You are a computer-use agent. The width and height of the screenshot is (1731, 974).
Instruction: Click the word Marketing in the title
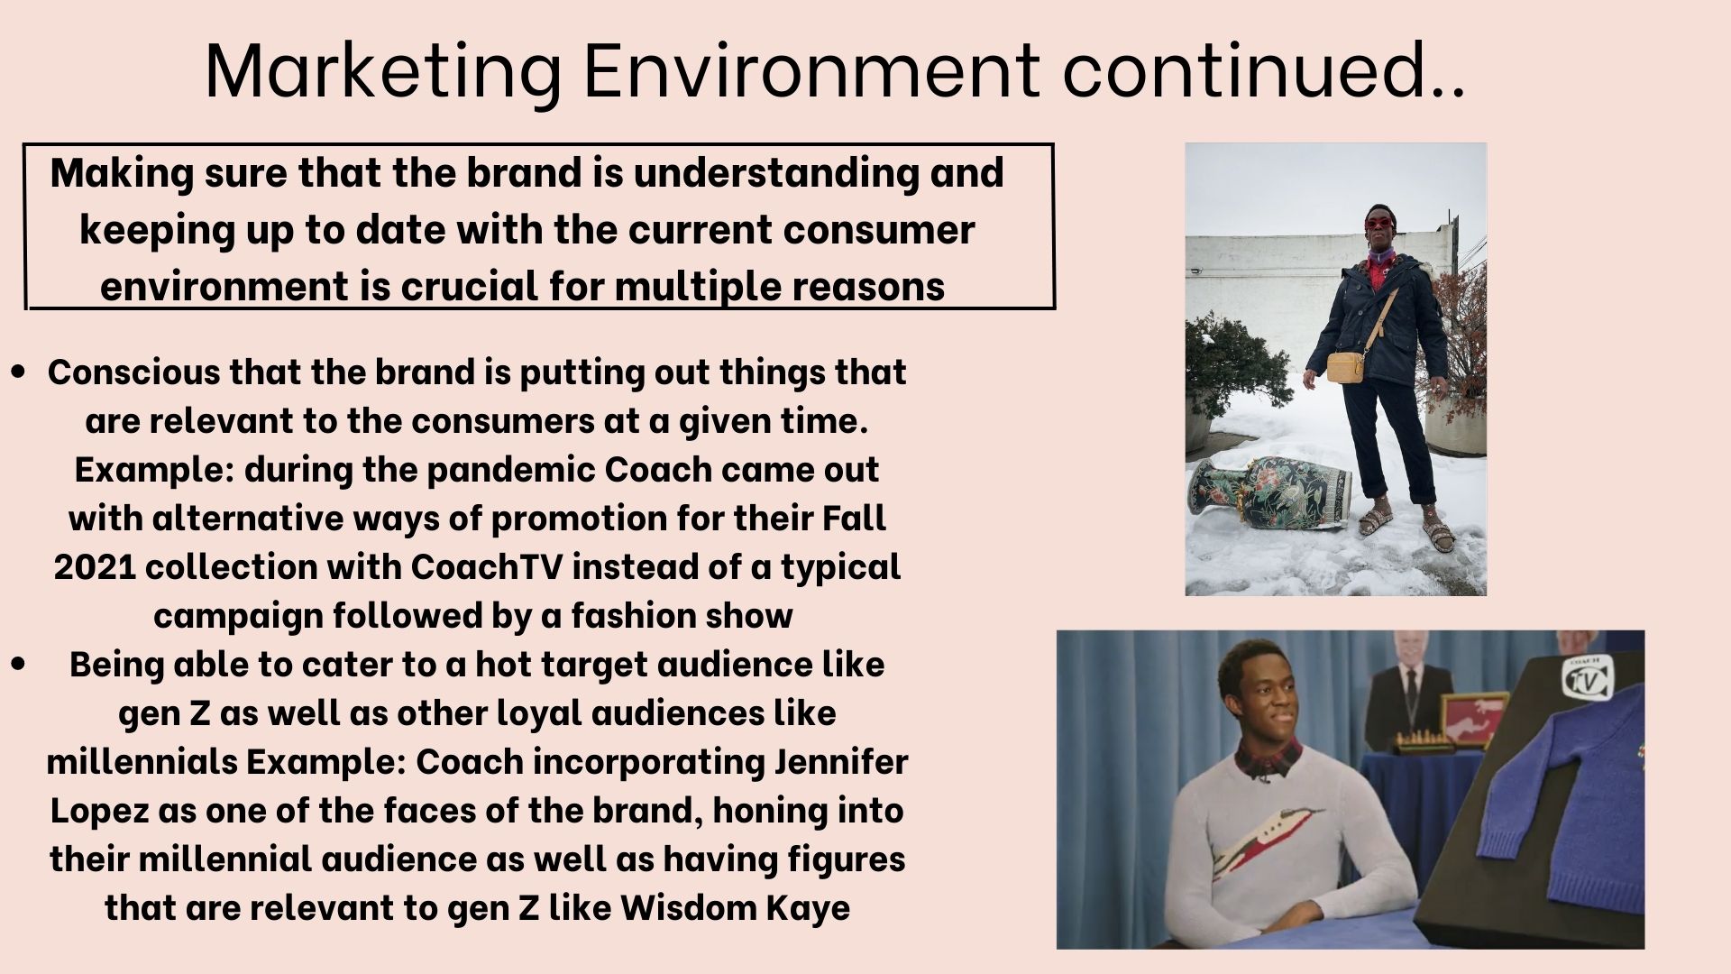click(383, 72)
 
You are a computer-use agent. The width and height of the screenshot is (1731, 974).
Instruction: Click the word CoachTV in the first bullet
click(487, 567)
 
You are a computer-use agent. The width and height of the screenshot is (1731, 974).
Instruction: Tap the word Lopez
click(99, 812)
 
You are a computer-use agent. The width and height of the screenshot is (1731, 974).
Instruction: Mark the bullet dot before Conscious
click(18, 372)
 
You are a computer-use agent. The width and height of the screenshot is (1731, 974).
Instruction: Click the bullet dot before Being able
click(18, 664)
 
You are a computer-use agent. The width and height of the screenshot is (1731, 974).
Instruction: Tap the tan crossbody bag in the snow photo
click(1346, 366)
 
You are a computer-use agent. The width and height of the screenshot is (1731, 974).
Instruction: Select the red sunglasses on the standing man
click(1379, 223)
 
